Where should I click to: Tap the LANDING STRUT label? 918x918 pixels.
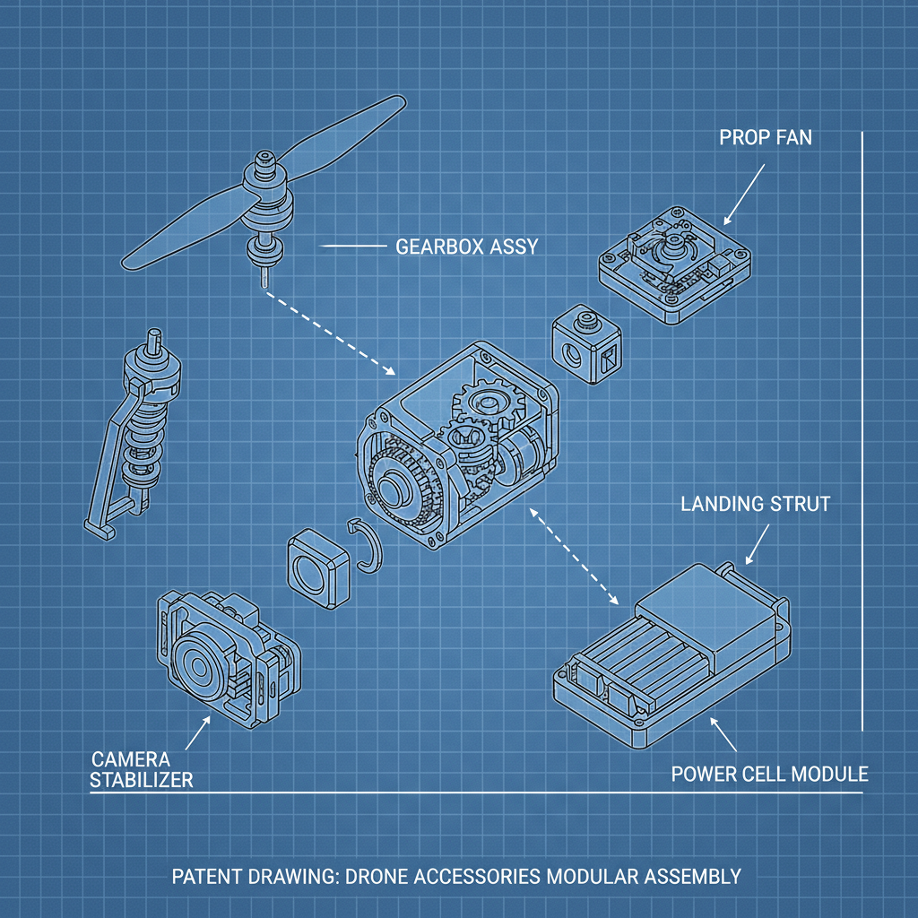pyautogui.click(x=755, y=504)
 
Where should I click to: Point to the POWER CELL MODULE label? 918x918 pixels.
pyautogui.click(x=769, y=773)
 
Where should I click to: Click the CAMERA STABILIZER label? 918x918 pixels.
pyautogui.click(x=142, y=769)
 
